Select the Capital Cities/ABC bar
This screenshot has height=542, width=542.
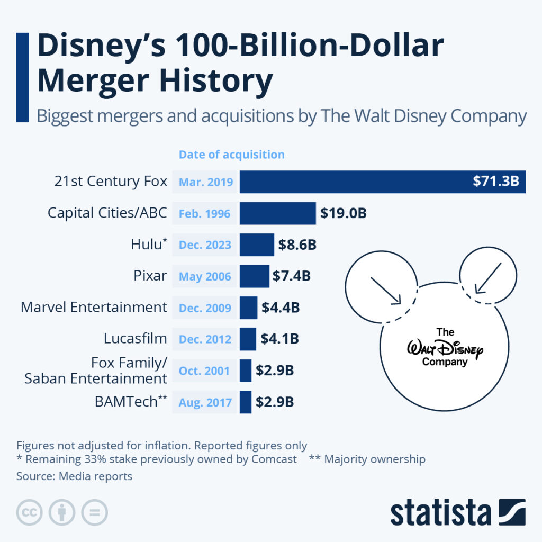(277, 213)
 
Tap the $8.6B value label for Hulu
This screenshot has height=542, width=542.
(297, 245)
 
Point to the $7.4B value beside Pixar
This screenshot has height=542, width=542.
(291, 276)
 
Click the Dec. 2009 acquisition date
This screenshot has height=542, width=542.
(205, 308)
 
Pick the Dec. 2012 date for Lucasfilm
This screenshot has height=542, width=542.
(205, 339)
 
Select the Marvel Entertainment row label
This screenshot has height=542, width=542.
(94, 307)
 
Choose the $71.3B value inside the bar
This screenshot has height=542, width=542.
(496, 182)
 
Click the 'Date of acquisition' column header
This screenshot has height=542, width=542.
(231, 155)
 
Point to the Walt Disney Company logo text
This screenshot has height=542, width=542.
(445, 348)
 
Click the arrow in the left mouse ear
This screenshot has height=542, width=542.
(386, 291)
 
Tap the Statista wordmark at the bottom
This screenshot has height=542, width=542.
(440, 513)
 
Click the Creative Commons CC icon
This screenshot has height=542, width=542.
(30, 512)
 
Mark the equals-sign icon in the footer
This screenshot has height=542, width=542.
(94, 512)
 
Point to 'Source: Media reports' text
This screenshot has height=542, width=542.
(74, 476)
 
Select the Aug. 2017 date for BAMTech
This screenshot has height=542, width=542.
(205, 402)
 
